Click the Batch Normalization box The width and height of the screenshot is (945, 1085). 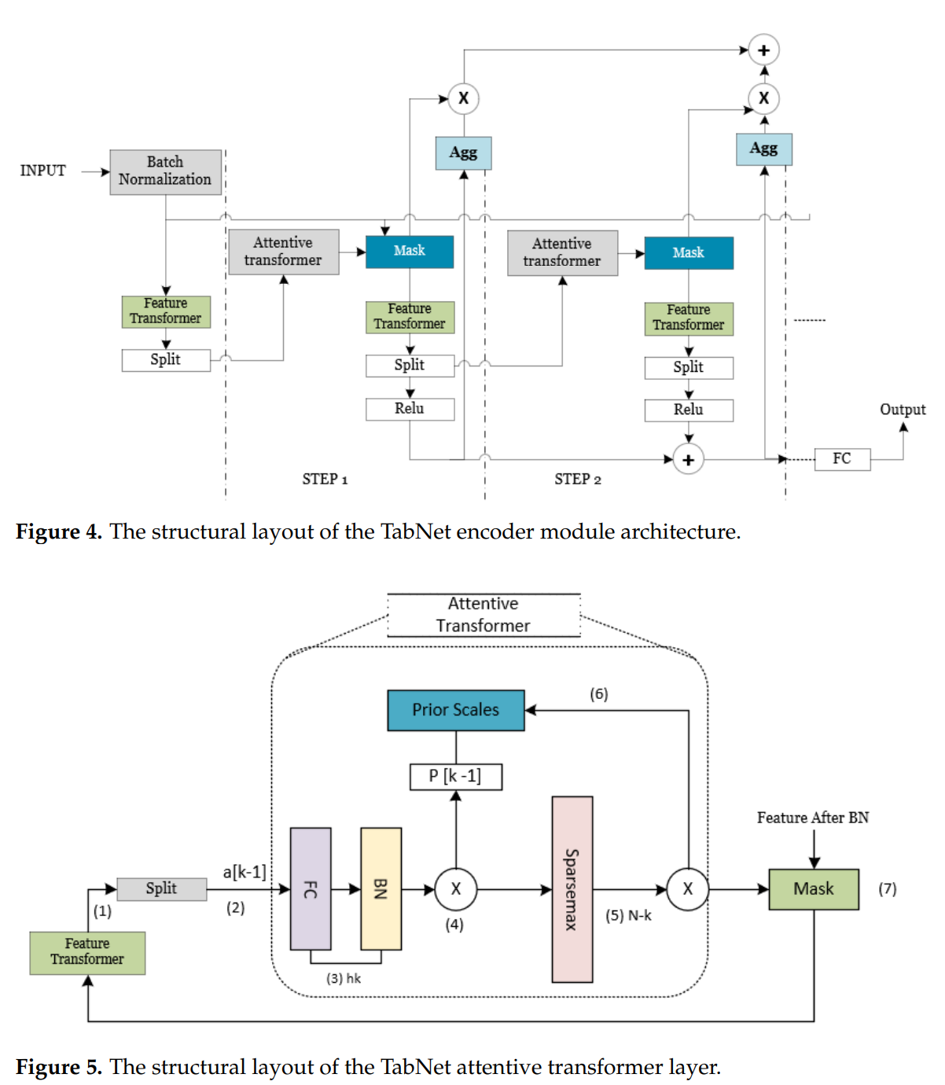[x=165, y=171]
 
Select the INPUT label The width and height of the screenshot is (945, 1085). [x=42, y=171]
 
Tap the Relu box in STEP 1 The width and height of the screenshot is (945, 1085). [x=410, y=409]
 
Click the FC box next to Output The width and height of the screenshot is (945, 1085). [x=842, y=458]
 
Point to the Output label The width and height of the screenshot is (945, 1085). [x=903, y=410]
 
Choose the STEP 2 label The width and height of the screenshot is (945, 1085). [x=578, y=480]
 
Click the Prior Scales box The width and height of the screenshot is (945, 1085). [x=456, y=710]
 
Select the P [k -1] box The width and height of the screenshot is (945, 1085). [x=456, y=776]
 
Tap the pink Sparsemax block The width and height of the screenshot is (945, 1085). [x=572, y=889]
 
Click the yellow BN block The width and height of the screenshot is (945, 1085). [x=381, y=888]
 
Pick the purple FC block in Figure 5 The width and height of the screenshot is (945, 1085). [x=311, y=888]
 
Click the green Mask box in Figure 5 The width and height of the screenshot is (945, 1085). [x=814, y=889]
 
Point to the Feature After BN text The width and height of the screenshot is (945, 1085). [x=813, y=818]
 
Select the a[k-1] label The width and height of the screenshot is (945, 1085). [x=245, y=872]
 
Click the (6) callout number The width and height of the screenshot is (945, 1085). [x=599, y=694]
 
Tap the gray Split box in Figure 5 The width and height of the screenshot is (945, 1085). [x=162, y=888]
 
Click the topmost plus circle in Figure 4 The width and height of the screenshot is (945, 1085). [x=763, y=50]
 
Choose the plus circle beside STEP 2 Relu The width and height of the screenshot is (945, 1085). [x=689, y=460]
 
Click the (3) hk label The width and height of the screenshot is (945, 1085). [x=344, y=978]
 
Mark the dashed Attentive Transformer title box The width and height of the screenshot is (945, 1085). [x=484, y=615]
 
